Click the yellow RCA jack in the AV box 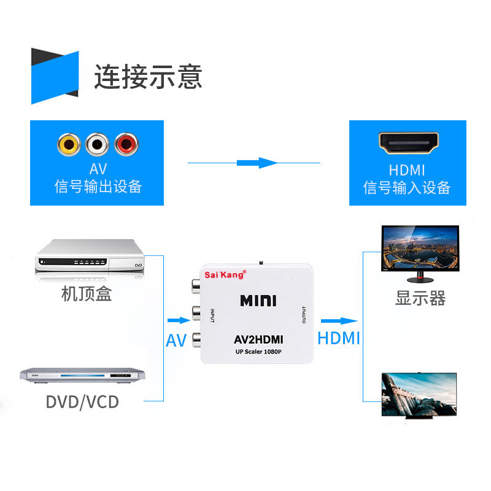coord(69,144)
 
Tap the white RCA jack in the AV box coord(97,144)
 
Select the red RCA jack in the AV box coord(126,144)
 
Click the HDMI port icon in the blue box coord(408,143)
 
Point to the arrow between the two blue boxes coord(257,163)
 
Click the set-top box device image coord(90,256)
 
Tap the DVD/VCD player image coord(82,375)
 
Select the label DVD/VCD coord(82,402)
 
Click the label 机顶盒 coord(87,294)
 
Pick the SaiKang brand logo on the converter coord(225,274)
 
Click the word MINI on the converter coord(258,301)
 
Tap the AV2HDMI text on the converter coord(258,339)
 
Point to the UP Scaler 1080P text coord(258,352)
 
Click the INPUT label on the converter coord(212,315)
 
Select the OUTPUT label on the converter coord(304,315)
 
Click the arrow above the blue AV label coord(179,320)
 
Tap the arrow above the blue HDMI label coord(339,321)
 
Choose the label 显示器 coord(420,298)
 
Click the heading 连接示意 coord(148,77)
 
